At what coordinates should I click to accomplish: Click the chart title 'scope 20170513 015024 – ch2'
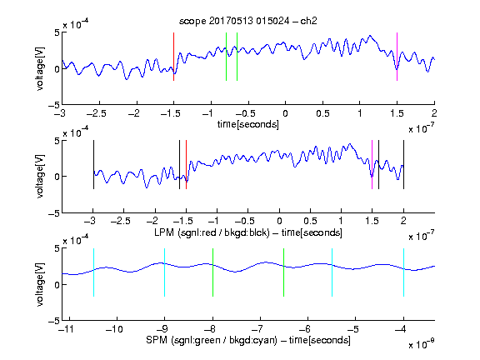[x=248, y=21]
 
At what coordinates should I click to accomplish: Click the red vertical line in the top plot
[x=173, y=57]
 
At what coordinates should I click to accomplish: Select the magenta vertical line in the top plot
[x=397, y=57]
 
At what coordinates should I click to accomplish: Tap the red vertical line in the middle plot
[x=186, y=165]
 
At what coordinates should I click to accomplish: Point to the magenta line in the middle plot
[x=372, y=165]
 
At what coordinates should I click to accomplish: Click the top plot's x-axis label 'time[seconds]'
[x=248, y=124]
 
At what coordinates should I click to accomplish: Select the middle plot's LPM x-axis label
[x=248, y=232]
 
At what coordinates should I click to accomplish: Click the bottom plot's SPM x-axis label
[x=248, y=340]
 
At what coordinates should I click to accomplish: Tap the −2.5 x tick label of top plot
[x=96, y=113]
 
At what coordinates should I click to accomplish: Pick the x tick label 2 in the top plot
[x=434, y=113]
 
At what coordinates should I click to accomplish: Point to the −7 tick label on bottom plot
[x=257, y=329]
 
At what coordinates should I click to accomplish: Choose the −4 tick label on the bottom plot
[x=401, y=329]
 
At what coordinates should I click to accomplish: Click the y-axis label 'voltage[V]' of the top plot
[x=40, y=68]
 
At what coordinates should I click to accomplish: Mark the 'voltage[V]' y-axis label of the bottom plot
[x=40, y=284]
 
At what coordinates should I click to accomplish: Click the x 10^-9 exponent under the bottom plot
[x=422, y=344]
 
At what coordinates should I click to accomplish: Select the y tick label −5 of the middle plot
[x=54, y=213]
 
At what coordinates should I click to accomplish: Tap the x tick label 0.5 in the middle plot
[x=310, y=221]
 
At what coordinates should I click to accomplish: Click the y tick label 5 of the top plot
[x=57, y=32]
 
